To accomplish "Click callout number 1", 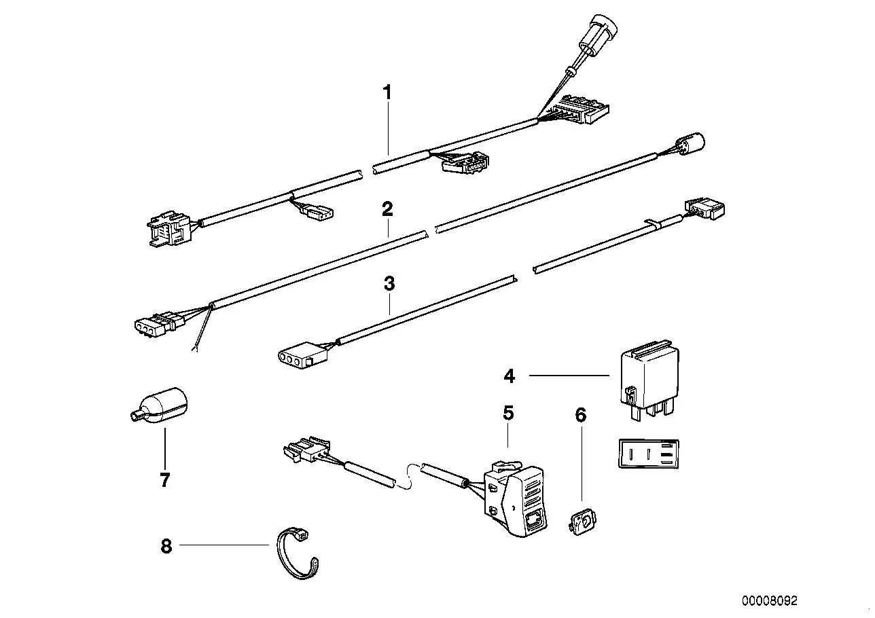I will point(387,92).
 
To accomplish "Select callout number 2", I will point(387,208).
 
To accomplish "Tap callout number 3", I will point(389,283).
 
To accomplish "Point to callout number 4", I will point(510,376).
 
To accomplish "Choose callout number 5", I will point(508,412).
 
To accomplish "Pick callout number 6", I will point(580,414).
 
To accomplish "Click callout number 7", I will point(164,480).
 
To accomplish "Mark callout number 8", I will point(166,545).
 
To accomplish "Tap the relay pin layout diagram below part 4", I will point(649,453).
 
